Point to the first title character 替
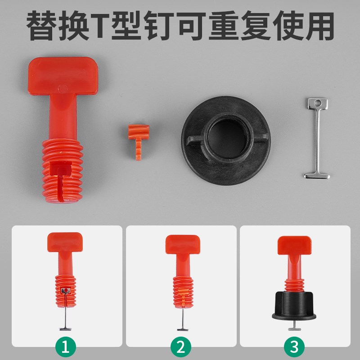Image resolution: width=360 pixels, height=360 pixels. tap(43, 26)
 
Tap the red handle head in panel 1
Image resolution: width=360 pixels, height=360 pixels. tap(65, 242)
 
